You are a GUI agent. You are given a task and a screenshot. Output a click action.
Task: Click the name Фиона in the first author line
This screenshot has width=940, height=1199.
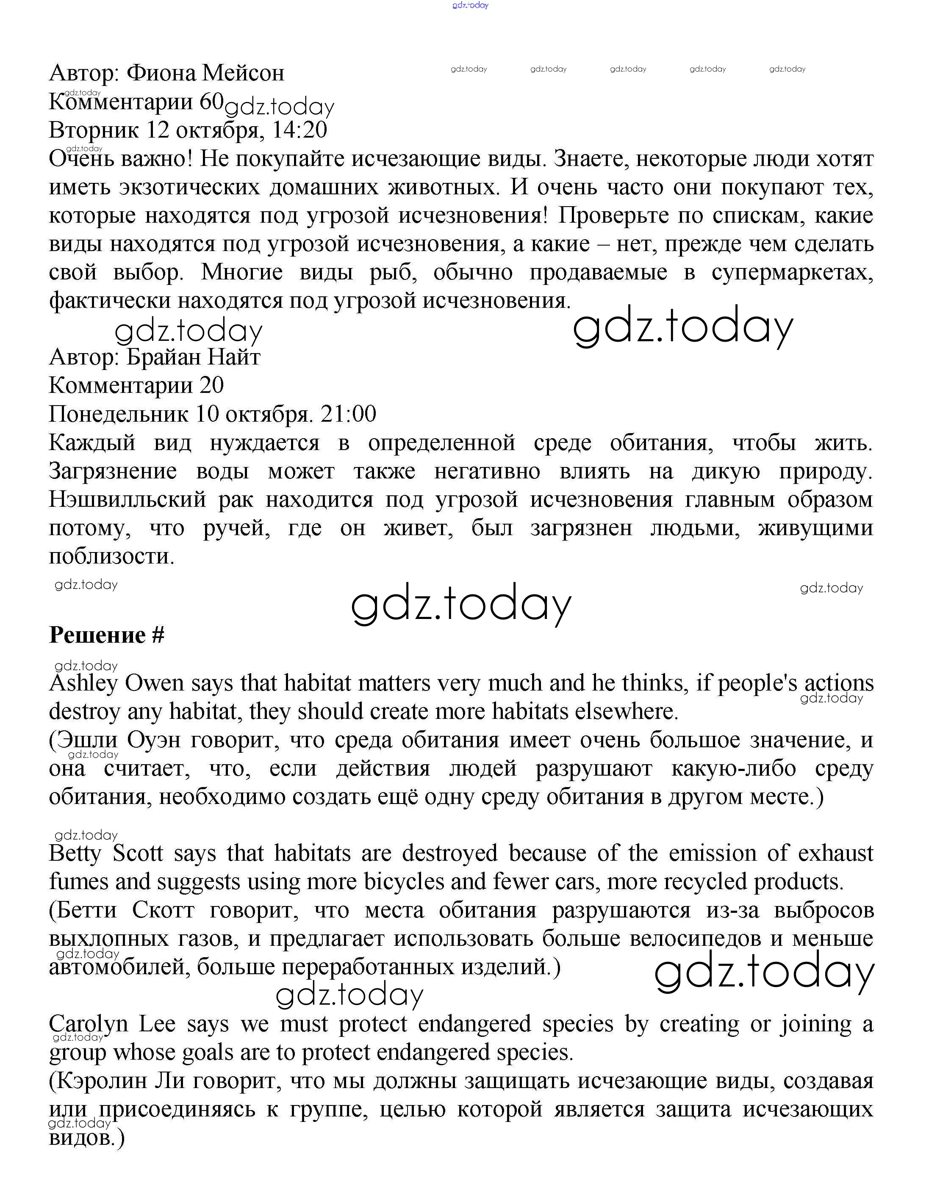(x=160, y=73)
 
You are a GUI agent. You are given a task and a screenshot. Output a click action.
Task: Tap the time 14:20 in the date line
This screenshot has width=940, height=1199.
(x=300, y=130)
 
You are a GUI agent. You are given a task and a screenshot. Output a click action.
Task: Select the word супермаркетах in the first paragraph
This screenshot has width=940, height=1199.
(x=792, y=273)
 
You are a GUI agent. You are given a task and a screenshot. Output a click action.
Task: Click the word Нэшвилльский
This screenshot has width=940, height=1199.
(x=127, y=500)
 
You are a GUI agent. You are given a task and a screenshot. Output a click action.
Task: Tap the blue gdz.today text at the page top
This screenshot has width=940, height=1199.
(x=470, y=6)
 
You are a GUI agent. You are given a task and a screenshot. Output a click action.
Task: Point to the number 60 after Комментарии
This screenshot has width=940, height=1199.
(x=211, y=102)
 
